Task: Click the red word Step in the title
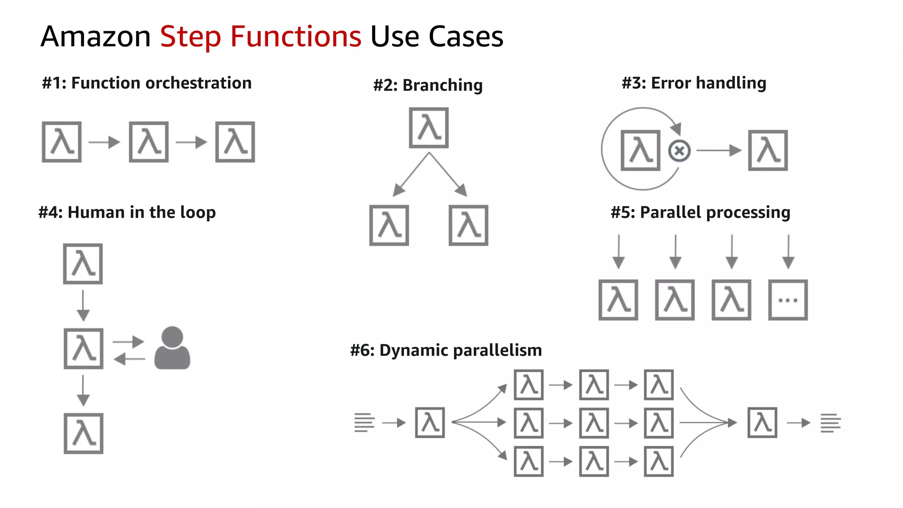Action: [x=190, y=37]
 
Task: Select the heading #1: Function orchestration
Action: [x=146, y=83]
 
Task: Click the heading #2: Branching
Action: [x=428, y=85]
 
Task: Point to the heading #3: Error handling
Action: [x=694, y=83]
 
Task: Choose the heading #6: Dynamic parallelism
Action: [x=446, y=350]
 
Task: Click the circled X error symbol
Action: [x=679, y=151]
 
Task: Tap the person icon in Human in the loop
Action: [x=172, y=348]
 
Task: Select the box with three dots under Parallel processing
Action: [x=787, y=300]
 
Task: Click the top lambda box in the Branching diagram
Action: [x=429, y=128]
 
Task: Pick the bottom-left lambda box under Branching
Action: [x=389, y=225]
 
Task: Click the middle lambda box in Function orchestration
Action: [x=149, y=142]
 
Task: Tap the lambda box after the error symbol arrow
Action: [x=768, y=150]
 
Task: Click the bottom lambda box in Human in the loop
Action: [x=83, y=433]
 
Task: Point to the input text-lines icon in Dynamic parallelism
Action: [x=364, y=422]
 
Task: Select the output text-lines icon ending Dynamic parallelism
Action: [x=830, y=422]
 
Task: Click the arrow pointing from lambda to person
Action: [x=128, y=341]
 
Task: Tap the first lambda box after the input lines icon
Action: [x=430, y=422]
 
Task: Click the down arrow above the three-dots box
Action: [x=788, y=252]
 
